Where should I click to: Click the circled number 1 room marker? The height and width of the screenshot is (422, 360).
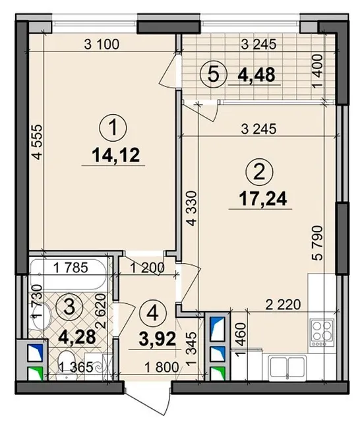pyautogui.click(x=113, y=128)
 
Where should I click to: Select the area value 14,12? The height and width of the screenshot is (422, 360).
pyautogui.click(x=115, y=156)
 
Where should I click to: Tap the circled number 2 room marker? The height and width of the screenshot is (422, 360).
pyautogui.click(x=259, y=171)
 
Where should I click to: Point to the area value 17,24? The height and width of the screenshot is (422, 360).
pyautogui.click(x=263, y=199)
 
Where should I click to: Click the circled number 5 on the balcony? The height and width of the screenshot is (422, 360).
pyautogui.click(x=214, y=75)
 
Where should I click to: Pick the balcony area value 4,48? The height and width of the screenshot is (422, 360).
pyautogui.click(x=256, y=75)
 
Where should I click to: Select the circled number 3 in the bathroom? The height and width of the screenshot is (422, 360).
pyautogui.click(x=70, y=307)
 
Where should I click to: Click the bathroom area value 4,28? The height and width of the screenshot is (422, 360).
pyautogui.click(x=77, y=337)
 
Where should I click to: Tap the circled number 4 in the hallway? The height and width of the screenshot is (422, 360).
pyautogui.click(x=154, y=314)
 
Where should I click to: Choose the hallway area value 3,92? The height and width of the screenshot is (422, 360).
pyautogui.click(x=158, y=339)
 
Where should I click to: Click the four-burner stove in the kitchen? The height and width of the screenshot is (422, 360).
pyautogui.click(x=322, y=332)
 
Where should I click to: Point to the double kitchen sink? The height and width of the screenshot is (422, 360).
pyautogui.click(x=287, y=368)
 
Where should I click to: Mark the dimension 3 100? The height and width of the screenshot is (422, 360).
pyautogui.click(x=102, y=44)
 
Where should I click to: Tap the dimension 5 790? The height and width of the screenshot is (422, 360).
pyautogui.click(x=318, y=243)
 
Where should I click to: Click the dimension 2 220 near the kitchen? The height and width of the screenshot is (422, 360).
pyautogui.click(x=283, y=305)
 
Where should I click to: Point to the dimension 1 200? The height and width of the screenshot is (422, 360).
pyautogui.click(x=147, y=268)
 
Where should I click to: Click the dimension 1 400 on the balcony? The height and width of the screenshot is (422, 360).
pyautogui.click(x=318, y=71)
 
